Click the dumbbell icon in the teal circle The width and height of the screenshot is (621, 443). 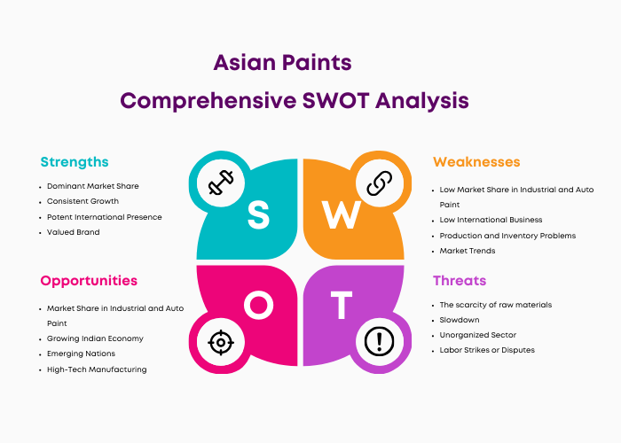[221, 183]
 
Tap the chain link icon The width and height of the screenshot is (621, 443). [380, 183]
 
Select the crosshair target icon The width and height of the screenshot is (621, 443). [221, 342]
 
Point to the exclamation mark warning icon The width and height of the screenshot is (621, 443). [379, 342]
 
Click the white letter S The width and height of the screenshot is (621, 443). [259, 214]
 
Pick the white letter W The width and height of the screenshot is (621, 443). [341, 214]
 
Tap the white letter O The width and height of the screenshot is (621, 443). [259, 305]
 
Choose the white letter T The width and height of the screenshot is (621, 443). [342, 305]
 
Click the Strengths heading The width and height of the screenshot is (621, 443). [75, 162]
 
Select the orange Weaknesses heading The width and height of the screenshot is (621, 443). [476, 162]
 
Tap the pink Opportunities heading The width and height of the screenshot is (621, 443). [89, 281]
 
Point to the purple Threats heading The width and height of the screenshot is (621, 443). [460, 281]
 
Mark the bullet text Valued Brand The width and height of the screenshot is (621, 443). [74, 232]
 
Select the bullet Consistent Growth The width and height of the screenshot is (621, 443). [83, 201]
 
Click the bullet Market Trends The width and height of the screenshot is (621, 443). [468, 251]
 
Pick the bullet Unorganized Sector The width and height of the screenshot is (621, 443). [478, 335]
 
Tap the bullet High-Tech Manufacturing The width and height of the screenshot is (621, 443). [97, 369]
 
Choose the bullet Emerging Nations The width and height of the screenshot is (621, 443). [82, 354]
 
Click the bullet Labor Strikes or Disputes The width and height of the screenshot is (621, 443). [487, 350]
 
